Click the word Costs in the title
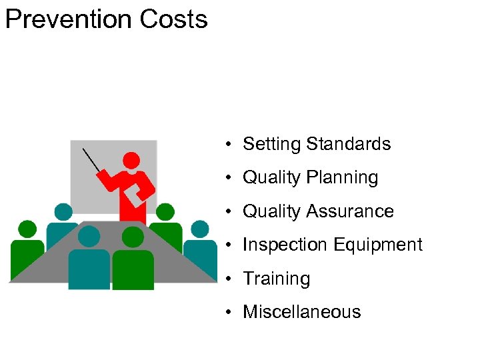(x=174, y=19)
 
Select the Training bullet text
(x=277, y=279)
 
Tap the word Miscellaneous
(x=302, y=312)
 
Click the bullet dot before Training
(x=228, y=279)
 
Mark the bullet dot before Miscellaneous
(x=228, y=312)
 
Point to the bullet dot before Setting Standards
(x=228, y=144)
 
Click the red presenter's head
(x=131, y=160)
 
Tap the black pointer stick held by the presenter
(x=91, y=159)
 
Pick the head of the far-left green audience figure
(x=27, y=229)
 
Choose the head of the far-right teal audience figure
(x=199, y=229)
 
